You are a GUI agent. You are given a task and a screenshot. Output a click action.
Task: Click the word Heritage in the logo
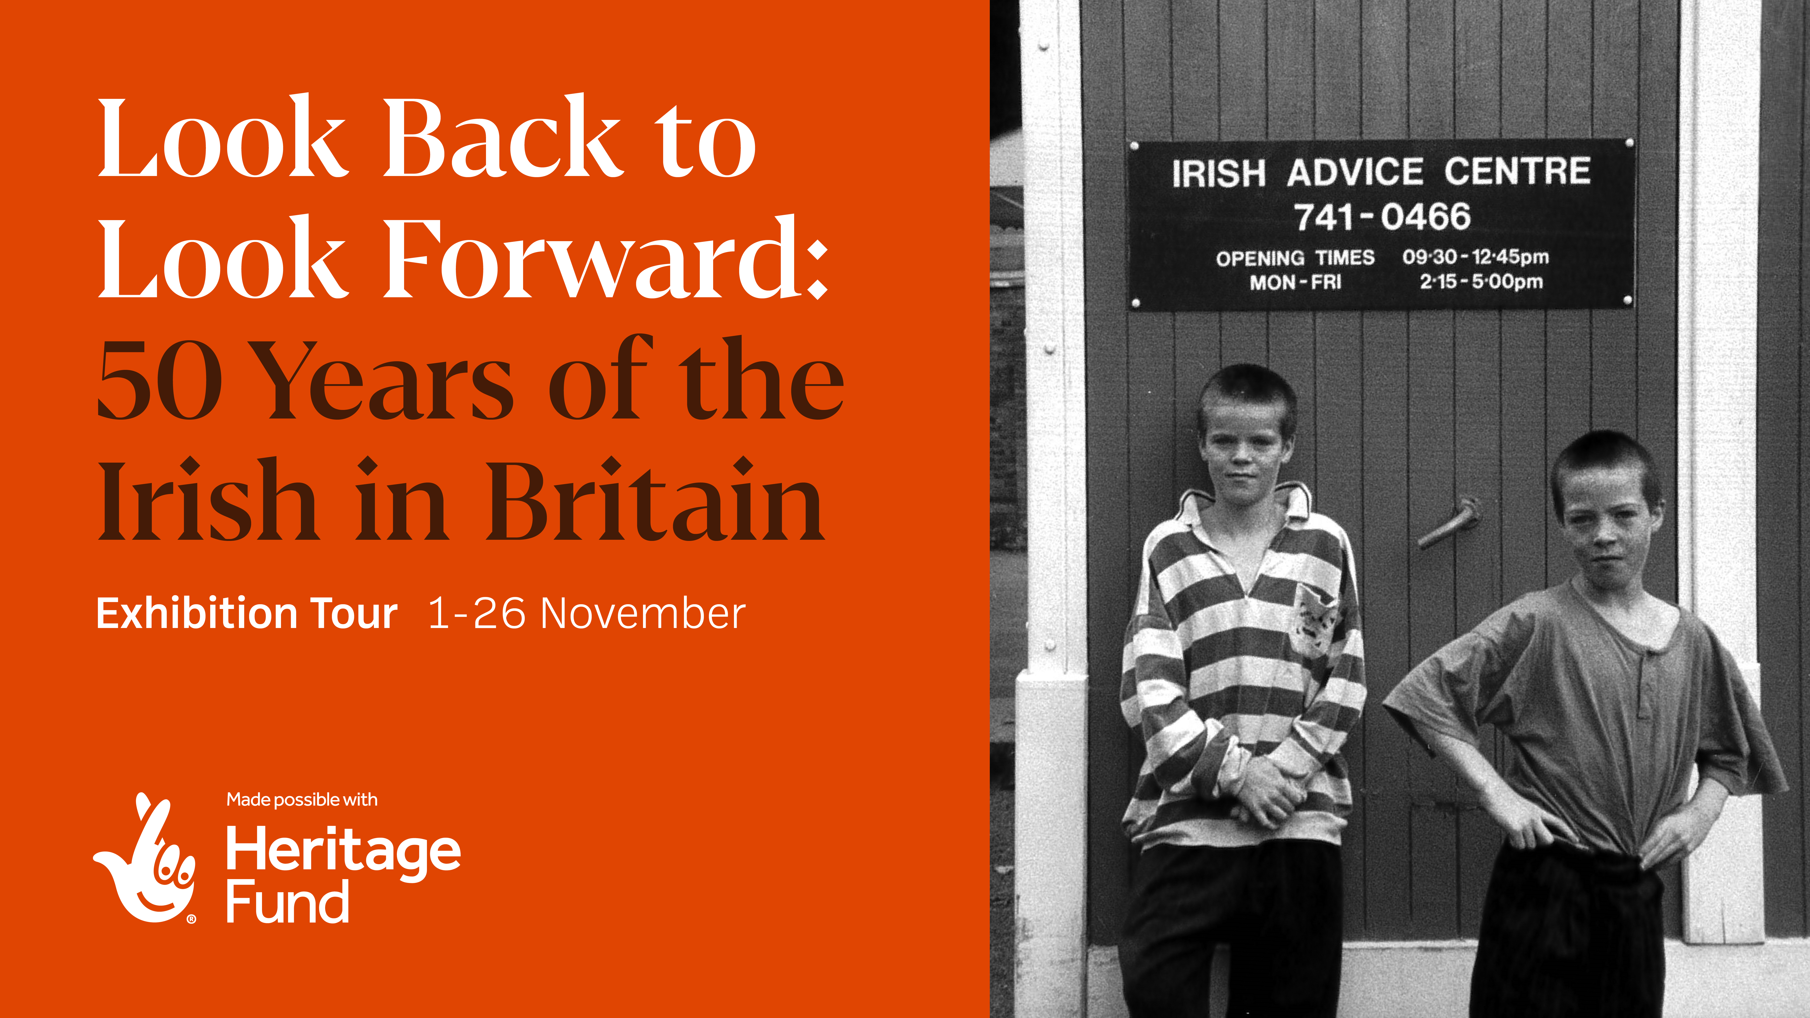[343, 852]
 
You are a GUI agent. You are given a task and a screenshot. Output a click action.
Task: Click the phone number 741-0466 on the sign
[1382, 216]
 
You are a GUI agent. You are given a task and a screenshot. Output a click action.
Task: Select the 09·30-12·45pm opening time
[1476, 257]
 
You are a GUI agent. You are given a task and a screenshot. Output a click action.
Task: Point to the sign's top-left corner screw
[1134, 147]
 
